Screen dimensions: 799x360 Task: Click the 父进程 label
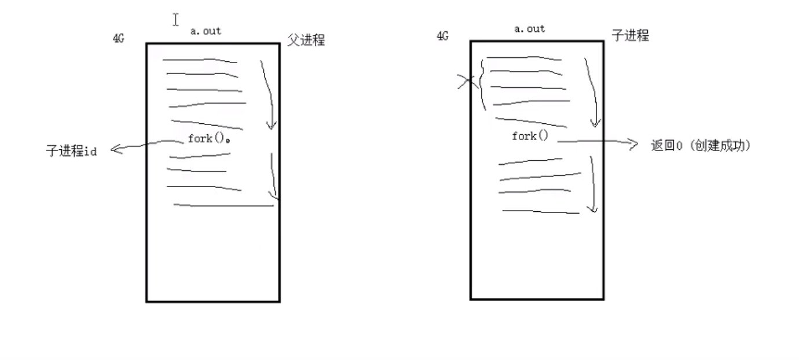306,40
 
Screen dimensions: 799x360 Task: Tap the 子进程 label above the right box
630,35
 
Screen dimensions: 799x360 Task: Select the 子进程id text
71,151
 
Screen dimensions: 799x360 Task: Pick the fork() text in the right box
529,136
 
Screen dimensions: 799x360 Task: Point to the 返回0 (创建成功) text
701,146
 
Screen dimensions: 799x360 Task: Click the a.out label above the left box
206,31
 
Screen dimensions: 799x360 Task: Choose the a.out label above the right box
529,28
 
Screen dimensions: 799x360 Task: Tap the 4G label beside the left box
118,39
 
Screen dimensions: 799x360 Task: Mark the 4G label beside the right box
442,36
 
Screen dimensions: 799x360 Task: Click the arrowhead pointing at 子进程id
115,149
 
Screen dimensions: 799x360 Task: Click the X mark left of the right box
465,83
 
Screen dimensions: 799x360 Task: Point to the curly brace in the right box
482,84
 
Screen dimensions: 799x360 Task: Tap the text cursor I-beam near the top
175,20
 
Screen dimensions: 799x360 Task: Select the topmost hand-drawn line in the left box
200,60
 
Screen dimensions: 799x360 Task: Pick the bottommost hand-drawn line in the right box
541,212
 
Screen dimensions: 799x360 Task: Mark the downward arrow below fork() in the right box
591,185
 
